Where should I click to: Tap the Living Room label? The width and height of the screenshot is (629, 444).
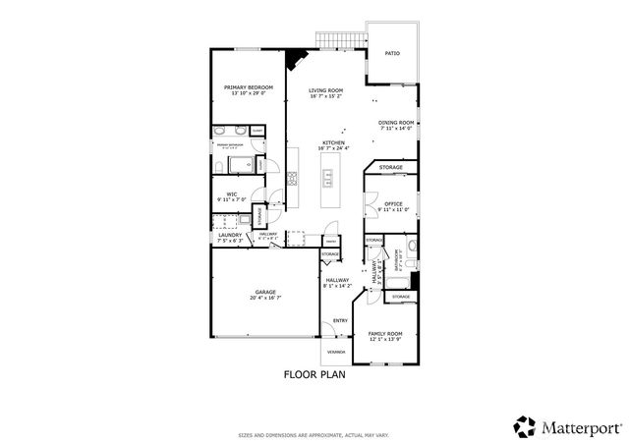point(325,90)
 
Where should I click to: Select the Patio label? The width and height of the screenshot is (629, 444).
point(391,55)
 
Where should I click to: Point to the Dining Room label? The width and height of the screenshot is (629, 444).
point(397,123)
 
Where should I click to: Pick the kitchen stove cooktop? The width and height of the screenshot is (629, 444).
point(292,179)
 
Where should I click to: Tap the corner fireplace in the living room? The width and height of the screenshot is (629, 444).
point(292,61)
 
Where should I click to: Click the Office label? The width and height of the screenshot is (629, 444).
point(393,204)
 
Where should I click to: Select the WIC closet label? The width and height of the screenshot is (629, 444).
point(232,194)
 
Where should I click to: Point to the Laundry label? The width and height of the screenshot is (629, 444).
point(230,235)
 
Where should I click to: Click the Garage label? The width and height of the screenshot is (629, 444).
point(265,292)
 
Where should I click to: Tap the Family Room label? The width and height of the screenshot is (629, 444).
point(385,334)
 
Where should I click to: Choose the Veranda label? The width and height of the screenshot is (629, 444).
point(335,351)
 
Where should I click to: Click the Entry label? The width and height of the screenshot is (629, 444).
point(340,320)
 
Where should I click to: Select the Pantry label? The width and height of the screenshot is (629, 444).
point(331,240)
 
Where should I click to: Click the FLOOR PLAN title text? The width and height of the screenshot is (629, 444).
point(314,374)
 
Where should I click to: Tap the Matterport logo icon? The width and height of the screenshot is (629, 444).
point(525,425)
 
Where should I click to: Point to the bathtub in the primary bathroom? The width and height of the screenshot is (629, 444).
point(239,163)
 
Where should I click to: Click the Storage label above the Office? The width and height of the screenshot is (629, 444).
point(391,168)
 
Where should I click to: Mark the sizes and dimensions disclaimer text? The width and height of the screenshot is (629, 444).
point(314,435)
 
